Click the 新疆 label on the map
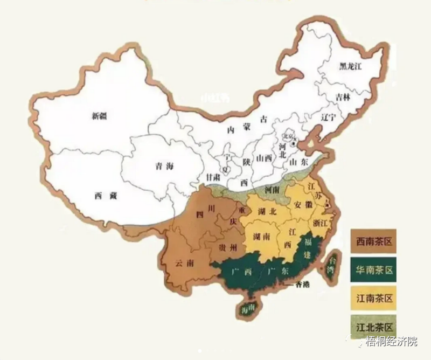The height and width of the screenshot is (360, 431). [100, 115]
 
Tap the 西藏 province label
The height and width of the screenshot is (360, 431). [105, 196]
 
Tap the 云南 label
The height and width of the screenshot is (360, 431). [184, 263]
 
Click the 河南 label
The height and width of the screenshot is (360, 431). [273, 190]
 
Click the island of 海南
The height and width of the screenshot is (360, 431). [247, 309]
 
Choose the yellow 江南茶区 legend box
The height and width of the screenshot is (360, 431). [373, 297]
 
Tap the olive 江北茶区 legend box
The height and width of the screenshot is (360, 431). [373, 327]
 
